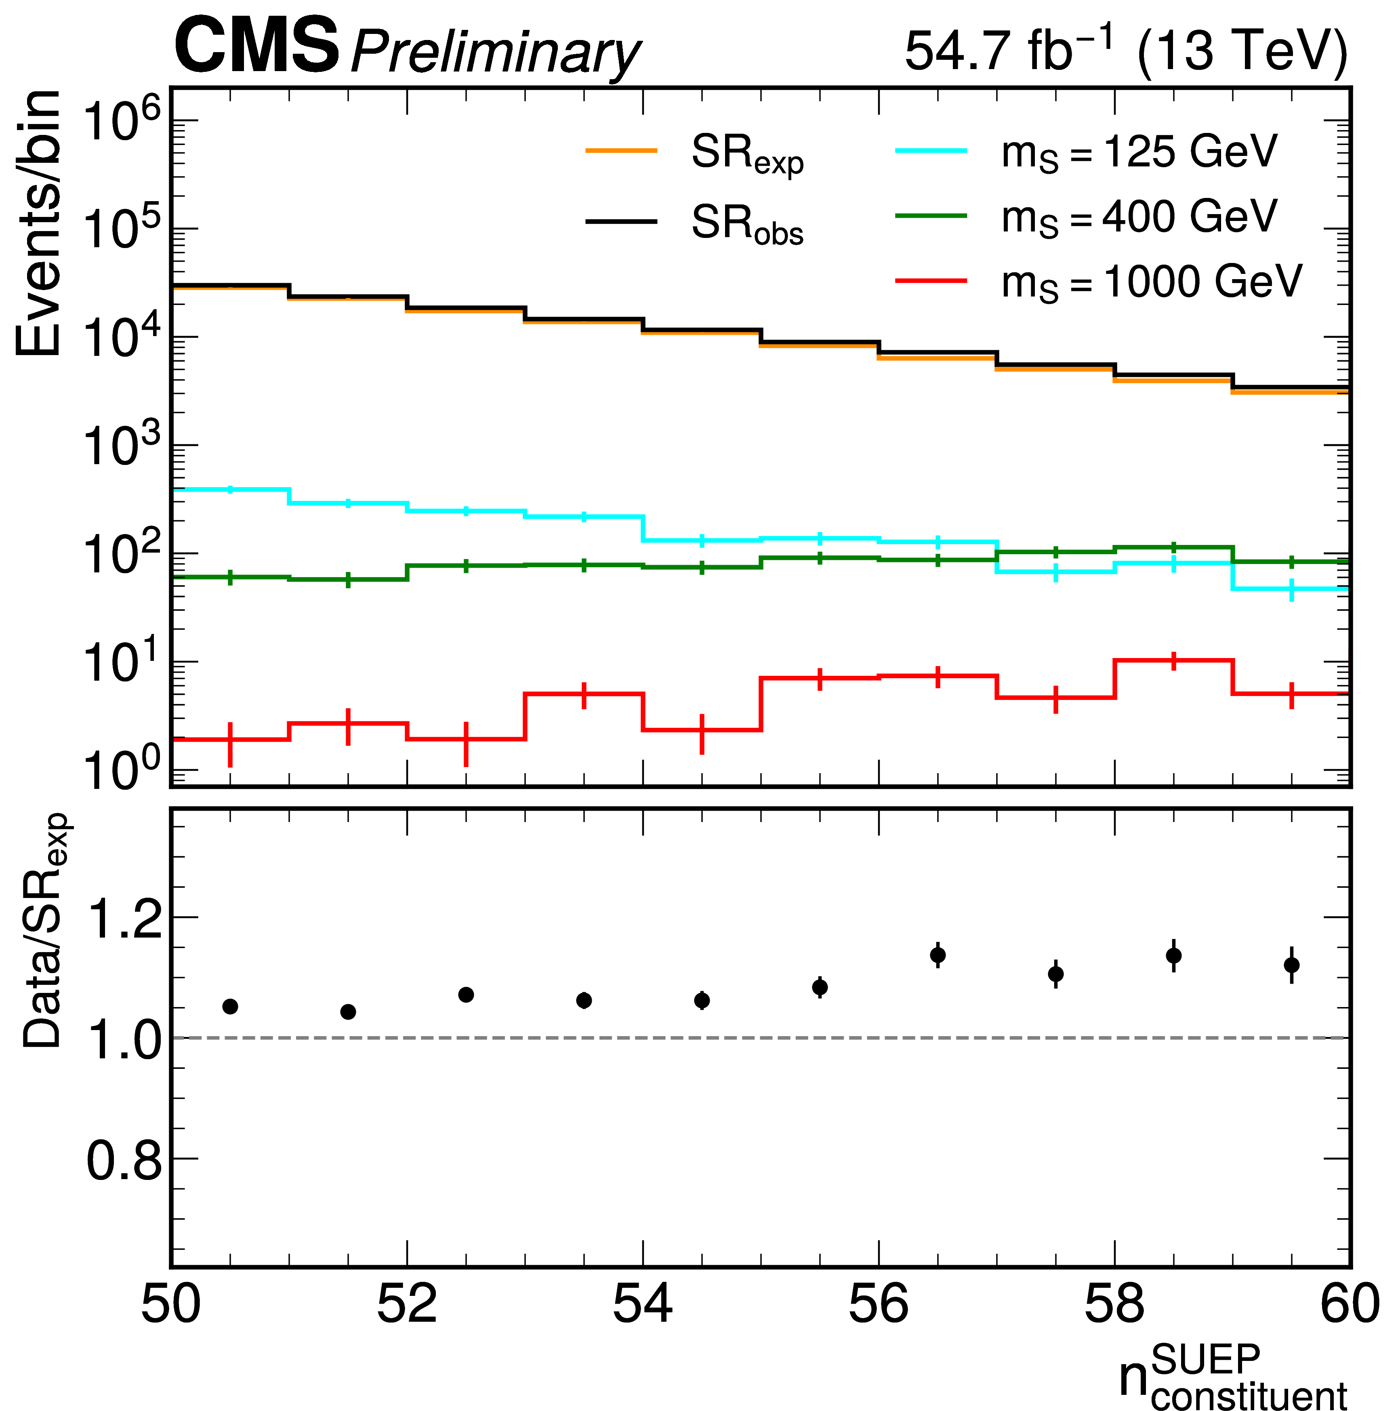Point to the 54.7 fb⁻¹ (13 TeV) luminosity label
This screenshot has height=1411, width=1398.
tap(1125, 50)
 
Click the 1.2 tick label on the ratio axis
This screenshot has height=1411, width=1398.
tap(124, 918)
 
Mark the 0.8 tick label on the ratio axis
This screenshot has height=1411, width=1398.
tap(124, 1161)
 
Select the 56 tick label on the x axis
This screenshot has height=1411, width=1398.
tap(878, 1304)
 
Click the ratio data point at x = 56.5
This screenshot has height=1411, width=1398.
tap(938, 955)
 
